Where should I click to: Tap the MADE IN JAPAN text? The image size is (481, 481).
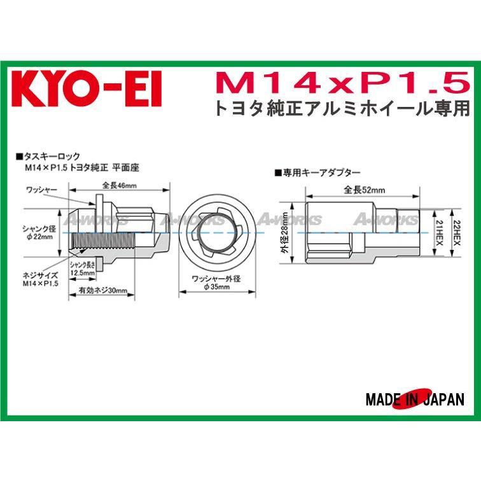pos(415,400)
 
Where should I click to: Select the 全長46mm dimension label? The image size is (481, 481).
pos(120,186)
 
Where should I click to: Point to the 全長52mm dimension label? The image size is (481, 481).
pos(364,190)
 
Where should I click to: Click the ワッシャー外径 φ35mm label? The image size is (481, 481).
pos(216,283)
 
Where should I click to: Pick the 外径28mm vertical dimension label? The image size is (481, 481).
pos(285,233)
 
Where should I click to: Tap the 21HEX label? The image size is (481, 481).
pos(440,232)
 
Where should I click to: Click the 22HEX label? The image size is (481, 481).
pos(457,232)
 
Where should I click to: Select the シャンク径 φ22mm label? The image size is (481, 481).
pos(39,233)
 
